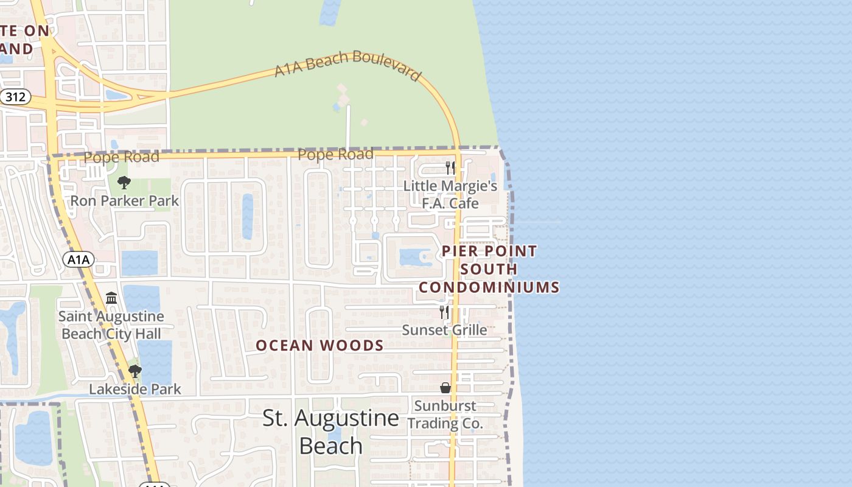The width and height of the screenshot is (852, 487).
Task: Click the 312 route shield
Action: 15,96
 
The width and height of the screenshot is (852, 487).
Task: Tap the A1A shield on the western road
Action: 79,260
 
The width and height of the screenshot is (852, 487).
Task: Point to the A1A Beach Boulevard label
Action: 347,65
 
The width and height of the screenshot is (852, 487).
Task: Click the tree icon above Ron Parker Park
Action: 124,182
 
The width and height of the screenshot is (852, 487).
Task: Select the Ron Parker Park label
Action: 125,201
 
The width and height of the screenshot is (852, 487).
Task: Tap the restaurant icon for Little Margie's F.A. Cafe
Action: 450,167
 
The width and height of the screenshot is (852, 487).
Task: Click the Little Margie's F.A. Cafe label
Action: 450,194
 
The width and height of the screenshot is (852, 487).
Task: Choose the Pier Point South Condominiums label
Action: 489,268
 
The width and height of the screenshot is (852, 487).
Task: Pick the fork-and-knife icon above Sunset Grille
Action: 444,312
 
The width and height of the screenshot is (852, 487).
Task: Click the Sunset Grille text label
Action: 444,330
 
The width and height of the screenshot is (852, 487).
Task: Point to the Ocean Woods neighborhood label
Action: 319,346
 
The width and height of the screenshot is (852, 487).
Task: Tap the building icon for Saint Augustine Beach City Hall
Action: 111,298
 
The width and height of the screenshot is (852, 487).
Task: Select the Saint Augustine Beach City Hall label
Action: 111,325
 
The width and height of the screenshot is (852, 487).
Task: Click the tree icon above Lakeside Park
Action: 135,371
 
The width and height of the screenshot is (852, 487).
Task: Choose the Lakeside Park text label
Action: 135,389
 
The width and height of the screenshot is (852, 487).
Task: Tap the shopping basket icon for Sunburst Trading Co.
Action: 445,388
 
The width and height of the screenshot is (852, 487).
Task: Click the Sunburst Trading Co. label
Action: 445,414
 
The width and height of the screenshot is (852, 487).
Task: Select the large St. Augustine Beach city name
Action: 331,432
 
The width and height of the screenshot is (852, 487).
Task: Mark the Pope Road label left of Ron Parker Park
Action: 121,157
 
